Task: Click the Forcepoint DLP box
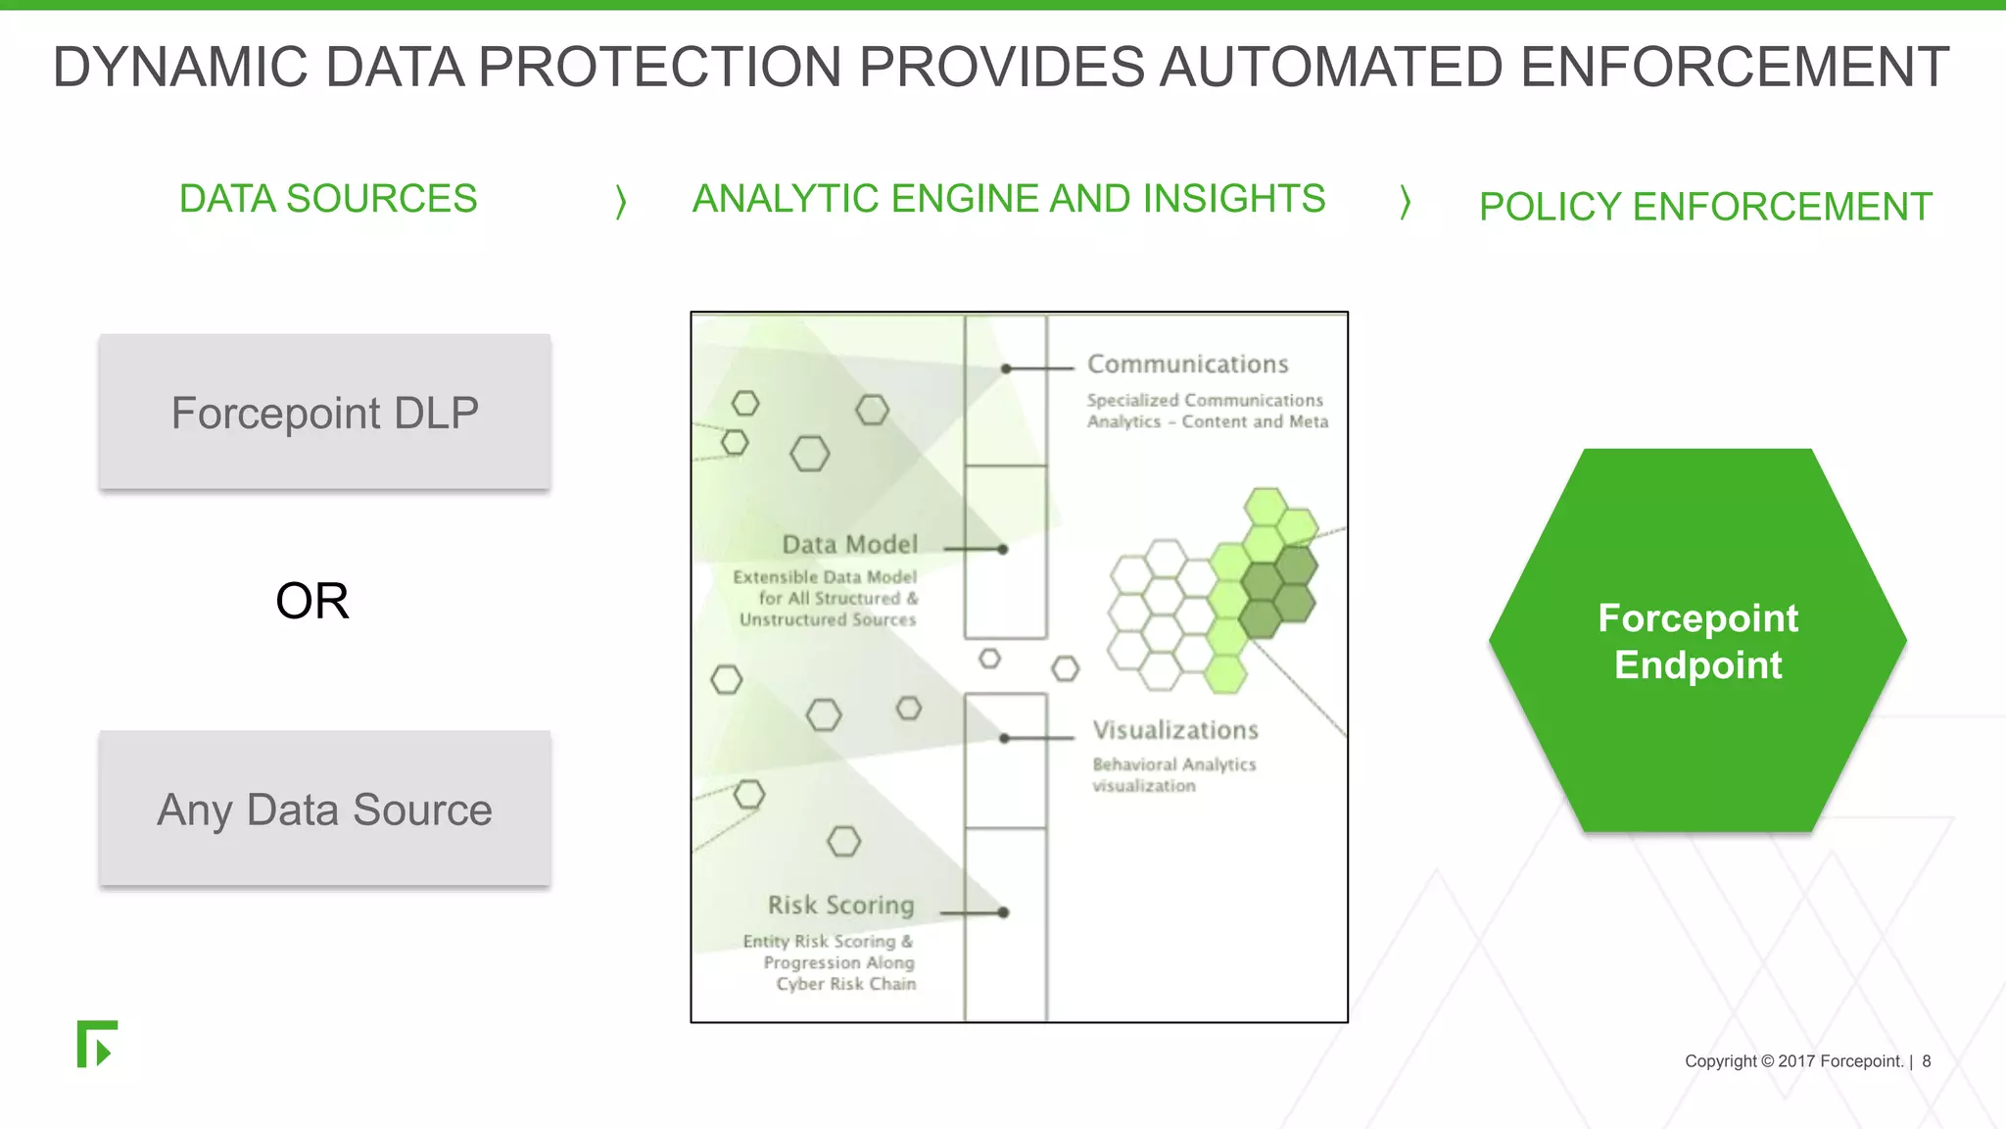pyautogui.click(x=324, y=413)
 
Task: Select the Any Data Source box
pyautogui.click(x=324, y=810)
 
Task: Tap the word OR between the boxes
pyautogui.click(x=311, y=601)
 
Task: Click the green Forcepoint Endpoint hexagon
pyautogui.click(x=1697, y=641)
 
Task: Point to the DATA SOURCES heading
pyautogui.click(x=327, y=199)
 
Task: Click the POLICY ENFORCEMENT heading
pyautogui.click(x=1704, y=207)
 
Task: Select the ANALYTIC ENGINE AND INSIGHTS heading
pyautogui.click(x=1008, y=199)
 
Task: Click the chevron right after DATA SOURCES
pyautogui.click(x=620, y=202)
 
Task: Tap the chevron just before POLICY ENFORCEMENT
pyautogui.click(x=1405, y=202)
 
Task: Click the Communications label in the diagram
pyautogui.click(x=1187, y=365)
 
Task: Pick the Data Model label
pyautogui.click(x=849, y=545)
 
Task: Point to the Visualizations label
pyautogui.click(x=1174, y=730)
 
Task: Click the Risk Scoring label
pyautogui.click(x=840, y=906)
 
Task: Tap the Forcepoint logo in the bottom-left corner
pyautogui.click(x=97, y=1044)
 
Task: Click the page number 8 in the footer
pyautogui.click(x=1926, y=1061)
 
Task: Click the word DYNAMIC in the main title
pyautogui.click(x=180, y=68)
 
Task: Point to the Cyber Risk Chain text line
pyautogui.click(x=845, y=984)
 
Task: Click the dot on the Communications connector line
pyautogui.click(x=1006, y=369)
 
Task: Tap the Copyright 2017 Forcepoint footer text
pyautogui.click(x=1792, y=1061)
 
